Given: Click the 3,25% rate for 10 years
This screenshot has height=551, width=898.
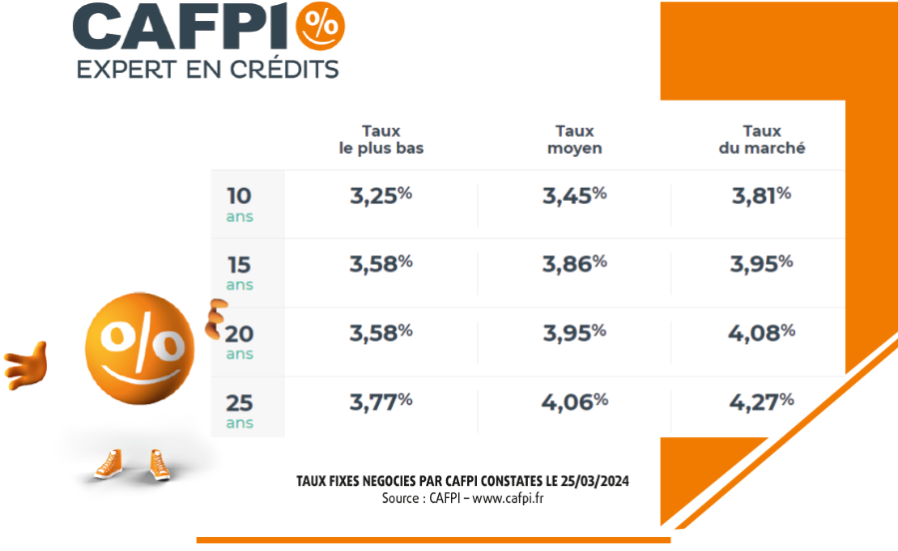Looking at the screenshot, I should click(x=381, y=196).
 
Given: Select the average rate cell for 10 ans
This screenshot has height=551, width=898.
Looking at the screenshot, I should click(x=575, y=196).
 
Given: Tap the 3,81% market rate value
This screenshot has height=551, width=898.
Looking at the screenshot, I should click(x=761, y=196).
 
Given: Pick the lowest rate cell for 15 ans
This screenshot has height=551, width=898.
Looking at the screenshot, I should click(x=381, y=264).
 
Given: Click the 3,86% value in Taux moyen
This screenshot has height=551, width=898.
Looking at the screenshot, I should click(x=575, y=264).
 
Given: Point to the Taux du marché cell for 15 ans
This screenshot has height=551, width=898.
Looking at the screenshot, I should click(x=761, y=264).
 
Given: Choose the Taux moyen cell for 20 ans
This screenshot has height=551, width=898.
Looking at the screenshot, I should click(x=575, y=332).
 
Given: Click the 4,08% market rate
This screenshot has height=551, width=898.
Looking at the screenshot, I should click(x=761, y=332).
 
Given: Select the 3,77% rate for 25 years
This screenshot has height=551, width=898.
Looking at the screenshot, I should click(x=381, y=401).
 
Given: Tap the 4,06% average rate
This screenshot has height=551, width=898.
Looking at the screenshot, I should click(x=575, y=401).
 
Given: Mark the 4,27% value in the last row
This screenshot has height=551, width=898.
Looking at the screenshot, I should click(x=761, y=401).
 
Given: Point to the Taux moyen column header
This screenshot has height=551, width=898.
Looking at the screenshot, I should click(x=575, y=140).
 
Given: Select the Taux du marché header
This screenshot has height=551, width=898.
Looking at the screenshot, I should click(x=761, y=140).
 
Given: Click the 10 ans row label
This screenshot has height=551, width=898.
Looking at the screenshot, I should click(x=239, y=204).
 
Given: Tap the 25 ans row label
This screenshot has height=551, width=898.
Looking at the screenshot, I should click(x=239, y=410).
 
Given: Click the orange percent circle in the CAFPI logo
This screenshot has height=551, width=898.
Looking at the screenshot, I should click(x=319, y=27).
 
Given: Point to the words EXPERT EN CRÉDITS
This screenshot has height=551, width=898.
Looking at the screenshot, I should click(x=208, y=70).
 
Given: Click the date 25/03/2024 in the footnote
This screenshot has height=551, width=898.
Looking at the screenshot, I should click(x=595, y=482).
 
